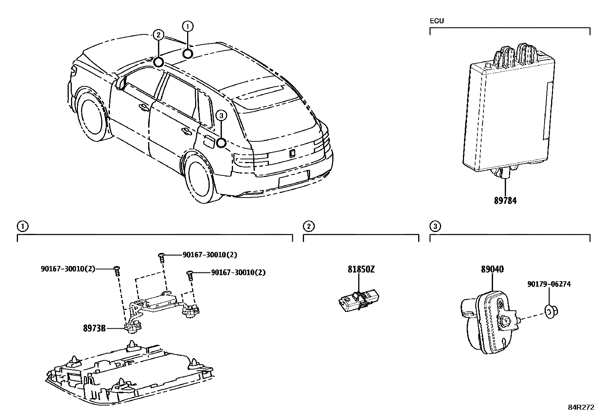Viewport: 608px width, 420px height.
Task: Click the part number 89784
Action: (x=505, y=200)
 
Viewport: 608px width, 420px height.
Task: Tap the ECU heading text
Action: (x=437, y=21)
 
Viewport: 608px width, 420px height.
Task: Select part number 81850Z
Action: (x=361, y=269)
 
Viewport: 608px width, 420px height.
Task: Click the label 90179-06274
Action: (x=549, y=284)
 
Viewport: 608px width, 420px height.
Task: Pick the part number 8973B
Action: (x=94, y=328)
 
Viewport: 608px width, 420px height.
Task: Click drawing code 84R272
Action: (x=581, y=407)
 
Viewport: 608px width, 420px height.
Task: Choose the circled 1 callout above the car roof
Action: (x=188, y=26)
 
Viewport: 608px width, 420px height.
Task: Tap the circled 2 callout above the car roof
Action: (x=158, y=35)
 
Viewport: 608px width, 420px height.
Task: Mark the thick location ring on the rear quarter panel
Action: (x=221, y=143)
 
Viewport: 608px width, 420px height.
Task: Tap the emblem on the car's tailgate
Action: (x=292, y=153)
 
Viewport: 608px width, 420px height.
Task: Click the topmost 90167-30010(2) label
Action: (x=212, y=255)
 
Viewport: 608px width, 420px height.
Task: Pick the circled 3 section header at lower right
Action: (x=435, y=227)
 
